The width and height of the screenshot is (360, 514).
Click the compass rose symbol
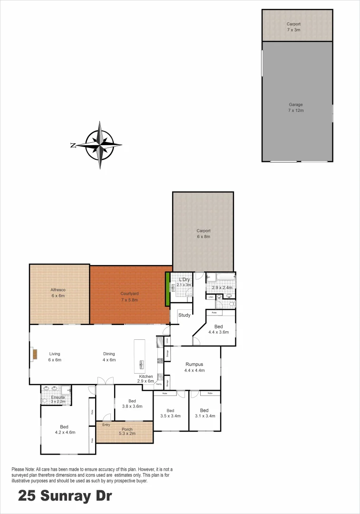[x=100, y=145]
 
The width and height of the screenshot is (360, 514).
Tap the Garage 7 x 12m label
[x=296, y=108]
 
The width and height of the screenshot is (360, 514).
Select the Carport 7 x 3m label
[x=293, y=27]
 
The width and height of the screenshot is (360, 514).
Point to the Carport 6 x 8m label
[x=204, y=234]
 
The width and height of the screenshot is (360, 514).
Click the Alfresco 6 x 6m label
[x=58, y=293]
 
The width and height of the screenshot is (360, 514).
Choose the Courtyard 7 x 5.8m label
[x=129, y=297]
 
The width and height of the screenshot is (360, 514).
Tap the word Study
[x=185, y=315]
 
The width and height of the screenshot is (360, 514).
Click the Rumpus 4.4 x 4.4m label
[x=195, y=367]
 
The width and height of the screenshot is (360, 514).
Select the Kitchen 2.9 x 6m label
[x=146, y=379]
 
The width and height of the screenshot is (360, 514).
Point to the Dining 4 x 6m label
[x=109, y=356]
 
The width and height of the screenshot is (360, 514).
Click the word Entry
[x=106, y=425]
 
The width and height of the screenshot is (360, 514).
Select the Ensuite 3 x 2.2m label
[x=55, y=399]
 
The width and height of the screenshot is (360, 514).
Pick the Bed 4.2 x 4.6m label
[x=65, y=430]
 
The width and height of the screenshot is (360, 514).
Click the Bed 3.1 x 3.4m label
[x=204, y=413]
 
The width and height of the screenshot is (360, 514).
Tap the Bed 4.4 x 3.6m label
[x=219, y=329]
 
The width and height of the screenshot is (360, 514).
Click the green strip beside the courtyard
[x=167, y=289]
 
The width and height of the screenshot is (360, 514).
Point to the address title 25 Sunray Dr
[x=65, y=496]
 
